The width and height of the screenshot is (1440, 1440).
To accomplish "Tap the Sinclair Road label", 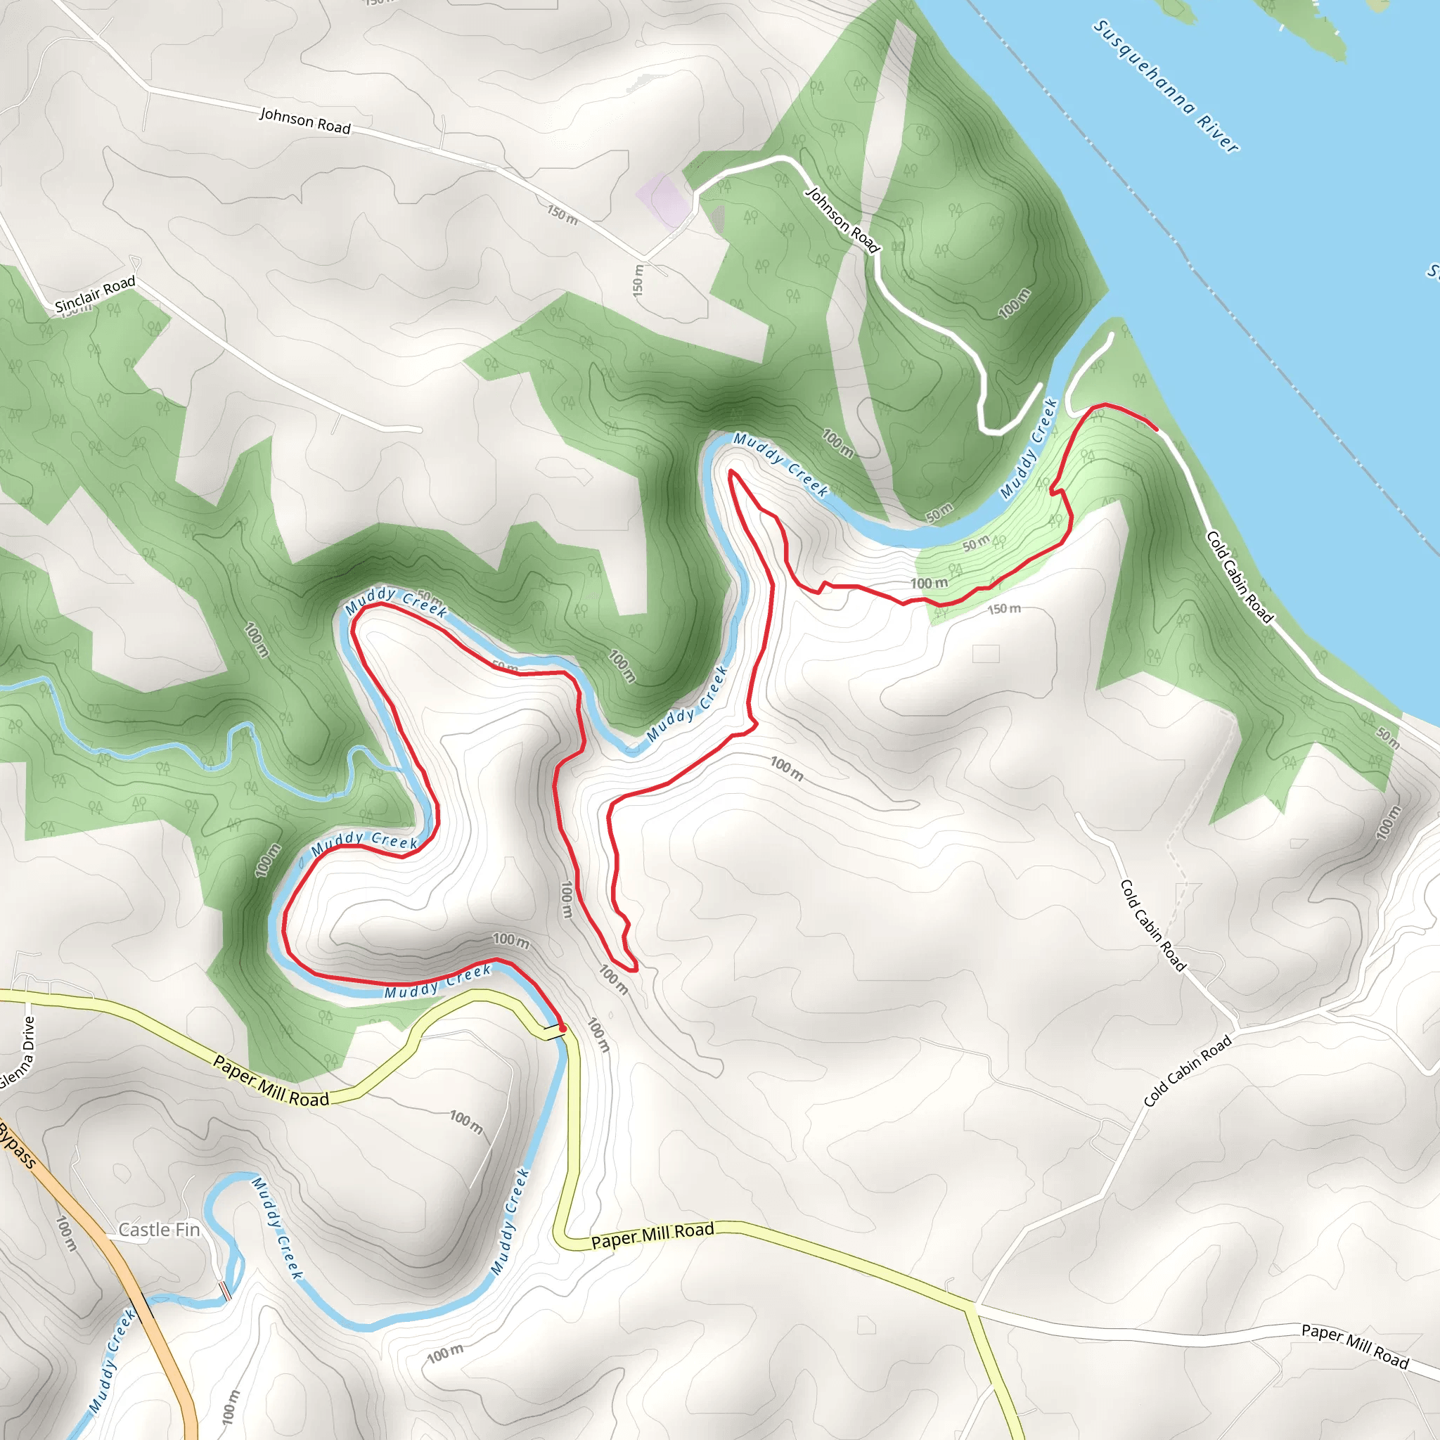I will [96, 294].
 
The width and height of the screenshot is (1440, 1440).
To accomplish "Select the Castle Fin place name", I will [160, 1230].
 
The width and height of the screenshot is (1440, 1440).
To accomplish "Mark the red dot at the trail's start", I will [562, 1029].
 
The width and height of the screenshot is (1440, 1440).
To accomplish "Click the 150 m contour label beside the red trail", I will [1003, 610].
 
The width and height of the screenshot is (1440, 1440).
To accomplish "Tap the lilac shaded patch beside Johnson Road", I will [662, 199].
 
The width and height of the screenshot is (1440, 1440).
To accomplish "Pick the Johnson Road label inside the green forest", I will [842, 220].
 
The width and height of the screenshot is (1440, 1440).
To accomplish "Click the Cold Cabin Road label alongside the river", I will [1239, 576].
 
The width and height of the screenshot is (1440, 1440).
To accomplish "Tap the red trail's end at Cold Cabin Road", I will [1156, 430].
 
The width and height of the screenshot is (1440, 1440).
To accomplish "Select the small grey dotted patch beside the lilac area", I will [716, 219].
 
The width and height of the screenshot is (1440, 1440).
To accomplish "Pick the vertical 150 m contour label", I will [637, 281].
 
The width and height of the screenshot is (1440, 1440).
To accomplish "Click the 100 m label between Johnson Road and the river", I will [1015, 303].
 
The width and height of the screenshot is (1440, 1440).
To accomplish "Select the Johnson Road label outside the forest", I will [305, 120].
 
